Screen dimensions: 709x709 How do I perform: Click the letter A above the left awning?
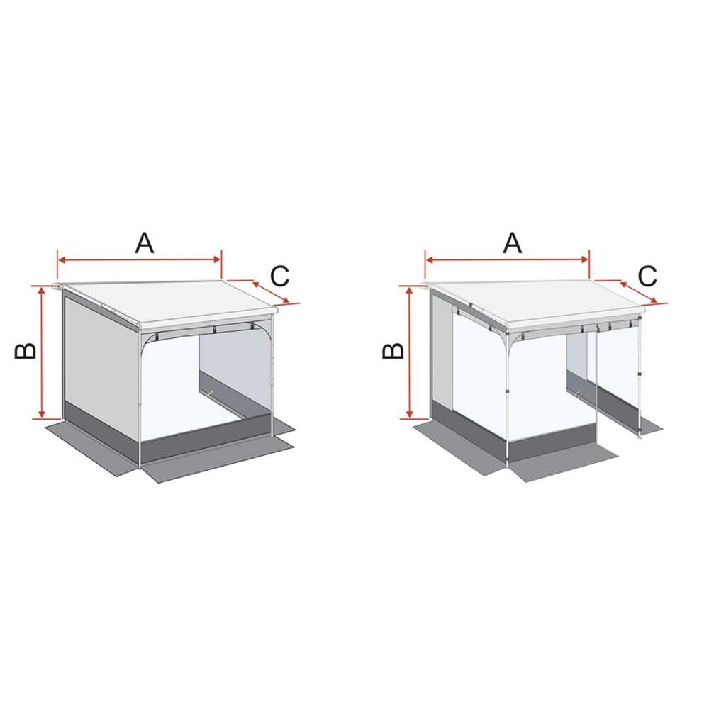click(x=144, y=242)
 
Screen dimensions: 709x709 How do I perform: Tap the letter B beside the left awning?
click(x=26, y=350)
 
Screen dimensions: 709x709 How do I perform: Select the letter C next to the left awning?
click(x=280, y=275)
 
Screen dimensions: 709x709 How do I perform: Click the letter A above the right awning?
click(x=512, y=242)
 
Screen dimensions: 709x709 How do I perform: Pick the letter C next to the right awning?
click(x=647, y=275)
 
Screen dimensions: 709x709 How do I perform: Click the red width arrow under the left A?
click(x=140, y=260)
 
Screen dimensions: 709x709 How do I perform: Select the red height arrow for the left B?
click(x=43, y=352)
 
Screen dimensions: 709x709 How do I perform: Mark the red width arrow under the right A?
click(x=508, y=260)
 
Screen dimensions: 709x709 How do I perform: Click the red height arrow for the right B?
click(x=410, y=352)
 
